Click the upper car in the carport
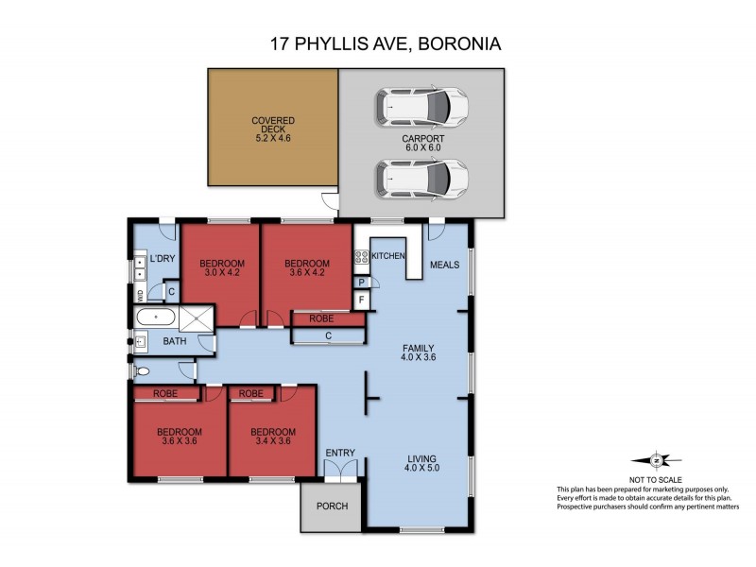(x=422, y=107)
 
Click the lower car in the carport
(x=422, y=176)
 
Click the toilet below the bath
(x=143, y=371)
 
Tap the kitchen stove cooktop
(x=360, y=257)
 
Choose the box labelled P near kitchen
(x=361, y=283)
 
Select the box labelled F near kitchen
(x=361, y=301)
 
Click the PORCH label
(x=333, y=507)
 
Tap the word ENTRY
(x=340, y=455)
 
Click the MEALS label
(x=444, y=265)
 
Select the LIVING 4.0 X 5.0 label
(x=421, y=460)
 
